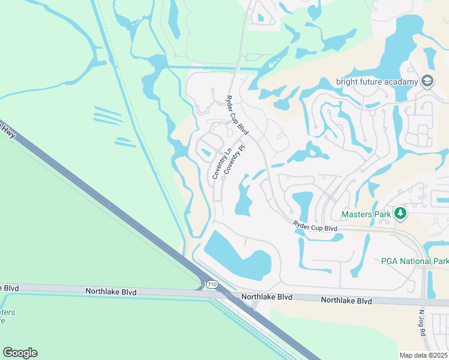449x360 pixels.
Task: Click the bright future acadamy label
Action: coord(376,82)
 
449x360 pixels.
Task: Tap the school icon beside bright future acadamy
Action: coord(427,81)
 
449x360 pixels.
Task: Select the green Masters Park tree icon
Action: coord(399,214)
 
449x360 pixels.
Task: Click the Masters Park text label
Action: coord(366,214)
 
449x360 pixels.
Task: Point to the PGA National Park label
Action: coord(415,261)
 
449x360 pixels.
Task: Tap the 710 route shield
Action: coord(211,284)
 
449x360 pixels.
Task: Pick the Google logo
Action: coord(20,353)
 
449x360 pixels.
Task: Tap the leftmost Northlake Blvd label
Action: coord(111,292)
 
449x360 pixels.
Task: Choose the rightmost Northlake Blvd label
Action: coord(346,300)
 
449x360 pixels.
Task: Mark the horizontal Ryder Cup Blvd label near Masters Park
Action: coord(316,227)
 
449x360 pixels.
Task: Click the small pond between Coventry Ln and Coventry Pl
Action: coord(206,152)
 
